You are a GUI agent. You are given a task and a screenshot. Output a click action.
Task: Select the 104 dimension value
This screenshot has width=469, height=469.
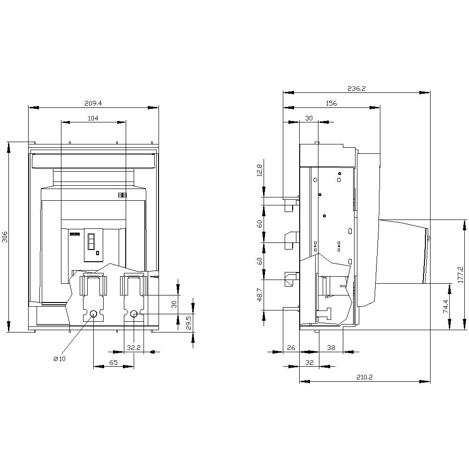93,118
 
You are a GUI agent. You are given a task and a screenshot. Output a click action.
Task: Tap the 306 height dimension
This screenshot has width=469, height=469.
5,237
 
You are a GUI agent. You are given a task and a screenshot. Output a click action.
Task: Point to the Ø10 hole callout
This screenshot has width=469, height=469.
60,359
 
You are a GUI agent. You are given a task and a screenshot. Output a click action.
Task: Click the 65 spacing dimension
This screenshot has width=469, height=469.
113,363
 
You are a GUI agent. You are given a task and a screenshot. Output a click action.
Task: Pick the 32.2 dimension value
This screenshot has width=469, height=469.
134,348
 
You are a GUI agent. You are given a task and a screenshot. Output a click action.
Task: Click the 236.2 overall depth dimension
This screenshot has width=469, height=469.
356,88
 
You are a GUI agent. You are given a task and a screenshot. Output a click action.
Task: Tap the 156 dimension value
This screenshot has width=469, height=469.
331,103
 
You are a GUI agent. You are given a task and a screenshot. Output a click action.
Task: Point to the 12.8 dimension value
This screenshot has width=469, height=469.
259,170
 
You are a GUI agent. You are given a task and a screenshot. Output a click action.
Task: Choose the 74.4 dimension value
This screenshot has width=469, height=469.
445,306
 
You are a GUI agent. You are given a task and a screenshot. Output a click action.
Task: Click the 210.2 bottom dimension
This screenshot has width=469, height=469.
364,377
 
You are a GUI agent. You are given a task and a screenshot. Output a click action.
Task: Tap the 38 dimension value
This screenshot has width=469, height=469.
331,348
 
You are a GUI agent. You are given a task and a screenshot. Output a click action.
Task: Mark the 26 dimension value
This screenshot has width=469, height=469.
291,348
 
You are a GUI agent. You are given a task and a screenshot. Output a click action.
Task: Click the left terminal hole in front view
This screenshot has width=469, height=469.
93,314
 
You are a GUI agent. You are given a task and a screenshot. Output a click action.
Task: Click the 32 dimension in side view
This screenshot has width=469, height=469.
309,363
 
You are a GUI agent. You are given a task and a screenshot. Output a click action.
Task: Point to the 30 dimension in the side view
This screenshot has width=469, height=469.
309,118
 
